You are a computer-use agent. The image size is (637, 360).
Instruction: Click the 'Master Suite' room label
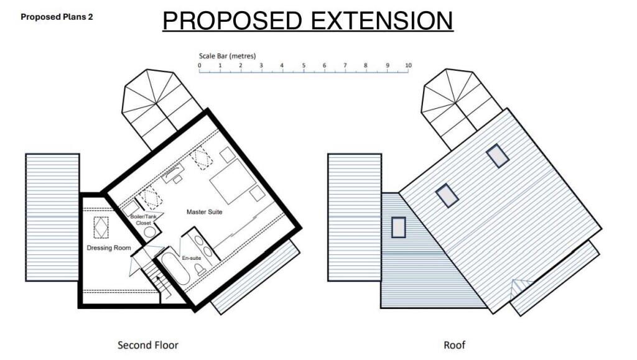(204, 212)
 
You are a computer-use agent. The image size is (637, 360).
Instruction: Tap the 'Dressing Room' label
(108, 248)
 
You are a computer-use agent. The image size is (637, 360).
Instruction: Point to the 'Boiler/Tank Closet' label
(143, 219)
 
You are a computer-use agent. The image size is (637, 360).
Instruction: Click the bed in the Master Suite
(231, 180)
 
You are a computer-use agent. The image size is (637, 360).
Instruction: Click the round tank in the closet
(150, 233)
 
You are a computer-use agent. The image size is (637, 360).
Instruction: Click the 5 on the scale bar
(304, 65)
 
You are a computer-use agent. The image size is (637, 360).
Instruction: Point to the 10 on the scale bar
(408, 65)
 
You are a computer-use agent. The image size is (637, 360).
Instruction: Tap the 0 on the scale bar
(199, 65)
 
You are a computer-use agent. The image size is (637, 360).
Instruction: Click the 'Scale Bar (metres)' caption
(227, 56)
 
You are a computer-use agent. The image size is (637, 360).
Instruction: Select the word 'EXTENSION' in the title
(382, 21)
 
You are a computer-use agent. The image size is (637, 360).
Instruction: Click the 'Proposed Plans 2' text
(57, 17)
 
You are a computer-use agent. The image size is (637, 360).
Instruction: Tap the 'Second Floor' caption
(148, 344)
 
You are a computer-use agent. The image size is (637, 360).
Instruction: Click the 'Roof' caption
(454, 344)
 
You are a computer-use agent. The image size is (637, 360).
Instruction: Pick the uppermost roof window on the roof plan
(498, 155)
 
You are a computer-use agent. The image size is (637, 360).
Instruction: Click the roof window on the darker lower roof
(398, 227)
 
